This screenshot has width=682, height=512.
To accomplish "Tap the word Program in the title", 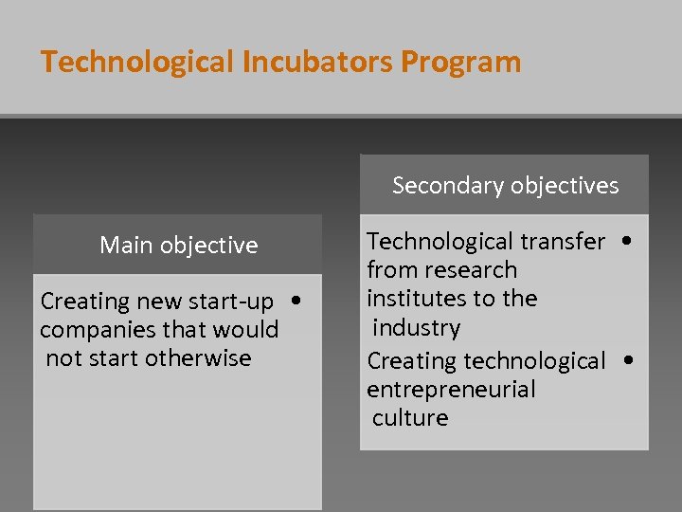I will pyautogui.click(x=460, y=63).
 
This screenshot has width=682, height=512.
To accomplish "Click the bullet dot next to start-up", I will pyautogui.click(x=297, y=301).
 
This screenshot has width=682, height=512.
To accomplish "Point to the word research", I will pyautogui.click(x=472, y=270).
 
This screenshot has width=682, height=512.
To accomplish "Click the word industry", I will pyautogui.click(x=416, y=328).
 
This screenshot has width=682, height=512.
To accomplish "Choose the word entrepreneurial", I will pyautogui.click(x=451, y=390).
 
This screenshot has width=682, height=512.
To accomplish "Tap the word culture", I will pyautogui.click(x=410, y=418).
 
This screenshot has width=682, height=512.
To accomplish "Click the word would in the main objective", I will pyautogui.click(x=249, y=330).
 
